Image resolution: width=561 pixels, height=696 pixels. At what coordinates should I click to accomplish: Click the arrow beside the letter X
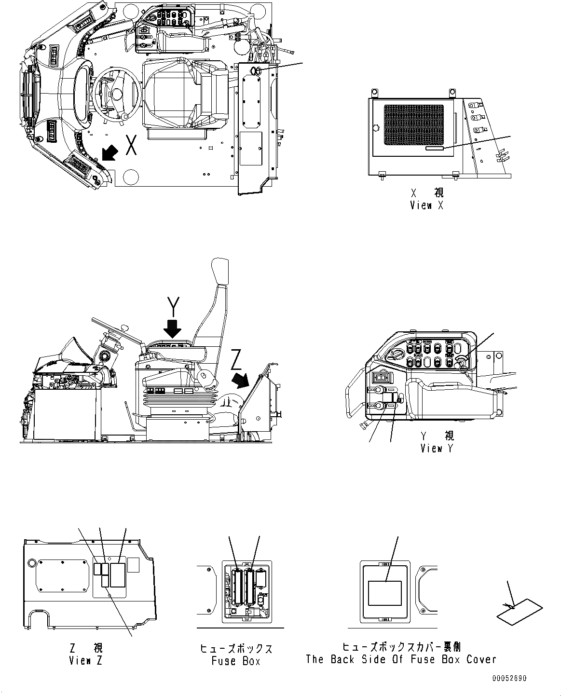(108, 153)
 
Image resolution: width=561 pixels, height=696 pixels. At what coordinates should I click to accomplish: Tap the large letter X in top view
(131, 145)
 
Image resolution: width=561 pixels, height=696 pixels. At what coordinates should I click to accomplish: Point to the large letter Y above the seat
(173, 306)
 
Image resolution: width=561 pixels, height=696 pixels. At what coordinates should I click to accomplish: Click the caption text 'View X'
(426, 205)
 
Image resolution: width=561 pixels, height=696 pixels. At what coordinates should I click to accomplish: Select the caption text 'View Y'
(437, 449)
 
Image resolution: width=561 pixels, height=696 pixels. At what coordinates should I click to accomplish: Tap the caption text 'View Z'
(85, 661)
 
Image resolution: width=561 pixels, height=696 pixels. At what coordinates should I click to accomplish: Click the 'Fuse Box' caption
(236, 661)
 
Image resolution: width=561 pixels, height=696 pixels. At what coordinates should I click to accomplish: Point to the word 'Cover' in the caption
(481, 659)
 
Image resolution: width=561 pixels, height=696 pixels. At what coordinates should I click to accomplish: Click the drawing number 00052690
(509, 679)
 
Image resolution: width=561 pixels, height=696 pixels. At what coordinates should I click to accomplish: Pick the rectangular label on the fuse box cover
(384, 593)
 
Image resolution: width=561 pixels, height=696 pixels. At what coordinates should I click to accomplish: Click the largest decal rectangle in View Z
(117, 574)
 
